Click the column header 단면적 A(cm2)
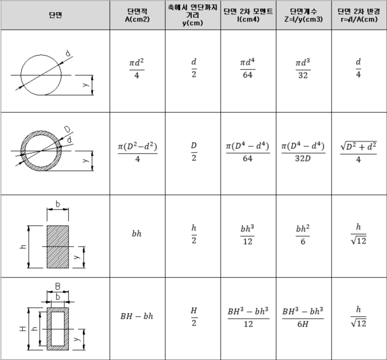(x=137, y=15)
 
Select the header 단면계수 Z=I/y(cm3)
(x=303, y=15)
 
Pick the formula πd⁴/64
(x=247, y=68)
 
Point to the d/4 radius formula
(x=358, y=68)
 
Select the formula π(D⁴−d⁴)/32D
(x=303, y=152)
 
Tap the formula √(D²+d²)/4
(x=358, y=152)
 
